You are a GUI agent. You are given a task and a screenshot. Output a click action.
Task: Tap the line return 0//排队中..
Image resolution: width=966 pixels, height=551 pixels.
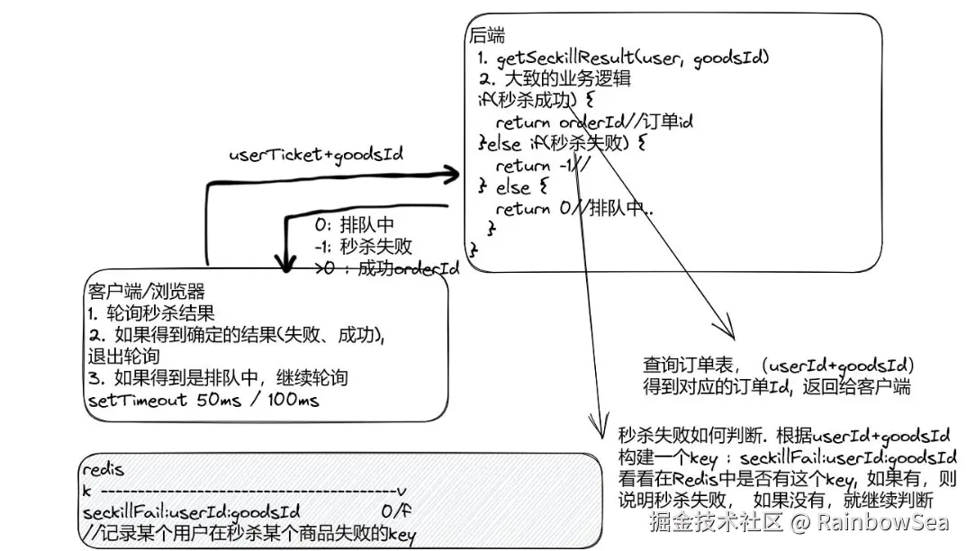(574, 209)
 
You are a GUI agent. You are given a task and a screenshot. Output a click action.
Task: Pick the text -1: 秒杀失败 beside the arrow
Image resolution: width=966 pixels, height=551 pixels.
(364, 247)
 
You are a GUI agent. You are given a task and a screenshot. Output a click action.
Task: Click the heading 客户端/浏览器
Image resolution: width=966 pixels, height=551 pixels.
(147, 292)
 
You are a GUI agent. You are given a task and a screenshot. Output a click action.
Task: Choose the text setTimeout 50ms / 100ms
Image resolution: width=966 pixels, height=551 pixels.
(203, 400)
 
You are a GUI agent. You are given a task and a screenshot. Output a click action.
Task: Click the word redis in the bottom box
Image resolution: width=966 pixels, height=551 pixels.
(103, 469)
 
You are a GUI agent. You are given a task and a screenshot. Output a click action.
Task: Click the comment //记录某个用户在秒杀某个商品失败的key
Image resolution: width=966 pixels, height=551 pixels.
(248, 534)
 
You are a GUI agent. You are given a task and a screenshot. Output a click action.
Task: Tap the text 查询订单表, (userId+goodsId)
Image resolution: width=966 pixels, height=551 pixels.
(779, 366)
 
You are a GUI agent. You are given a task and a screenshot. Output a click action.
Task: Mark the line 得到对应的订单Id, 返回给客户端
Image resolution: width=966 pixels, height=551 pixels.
(776, 387)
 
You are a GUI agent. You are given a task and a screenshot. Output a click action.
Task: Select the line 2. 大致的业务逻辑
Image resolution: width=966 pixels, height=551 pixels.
(555, 79)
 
